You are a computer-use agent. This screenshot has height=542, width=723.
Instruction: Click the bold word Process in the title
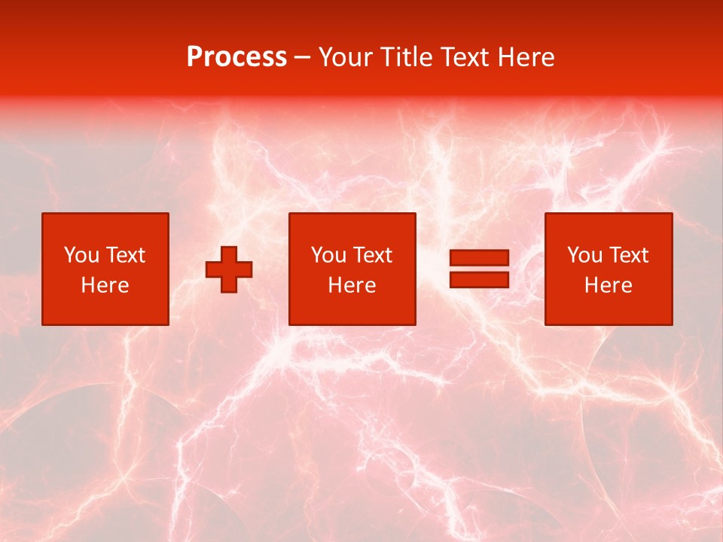point(236,56)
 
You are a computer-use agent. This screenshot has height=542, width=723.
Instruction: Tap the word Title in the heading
point(405,56)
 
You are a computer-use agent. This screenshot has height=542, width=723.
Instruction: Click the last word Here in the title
point(526,56)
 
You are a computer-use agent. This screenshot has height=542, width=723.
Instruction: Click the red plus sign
point(229,269)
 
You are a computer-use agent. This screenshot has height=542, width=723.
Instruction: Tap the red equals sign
point(479,269)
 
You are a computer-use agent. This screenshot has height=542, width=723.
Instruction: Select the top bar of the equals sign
point(479,258)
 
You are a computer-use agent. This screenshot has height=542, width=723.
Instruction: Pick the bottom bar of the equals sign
point(479,279)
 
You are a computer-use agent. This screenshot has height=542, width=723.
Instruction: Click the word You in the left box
point(81,255)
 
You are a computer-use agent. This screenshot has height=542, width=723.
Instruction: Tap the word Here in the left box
point(105,285)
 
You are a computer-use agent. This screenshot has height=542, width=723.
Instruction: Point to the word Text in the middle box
point(373,255)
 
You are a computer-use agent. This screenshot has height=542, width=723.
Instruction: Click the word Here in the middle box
point(352,285)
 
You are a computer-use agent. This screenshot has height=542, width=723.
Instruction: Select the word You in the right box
point(584,255)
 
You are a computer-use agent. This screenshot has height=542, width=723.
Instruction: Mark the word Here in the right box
point(608,285)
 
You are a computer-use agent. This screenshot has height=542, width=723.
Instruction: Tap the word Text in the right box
point(629,255)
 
